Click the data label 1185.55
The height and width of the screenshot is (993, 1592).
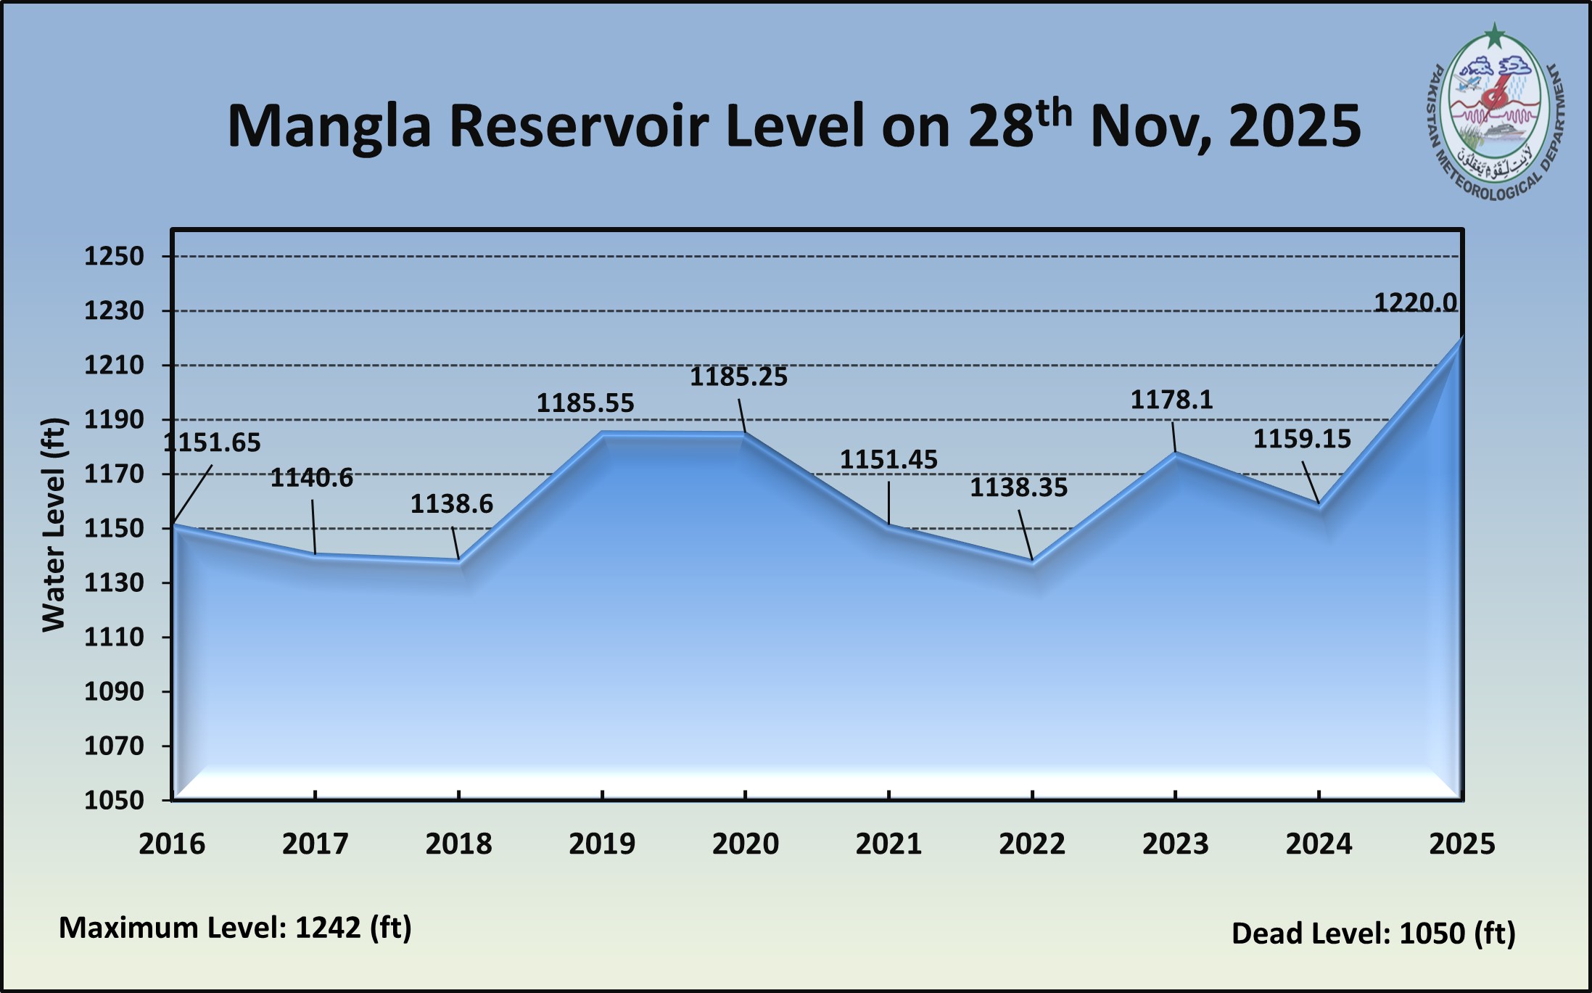pos(585,403)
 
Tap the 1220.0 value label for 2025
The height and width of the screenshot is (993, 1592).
pos(1415,302)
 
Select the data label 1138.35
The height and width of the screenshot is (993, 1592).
pos(1018,487)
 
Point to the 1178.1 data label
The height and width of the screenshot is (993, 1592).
pos(1171,400)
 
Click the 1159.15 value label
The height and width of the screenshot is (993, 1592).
pos(1302,439)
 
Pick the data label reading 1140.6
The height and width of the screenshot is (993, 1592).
pos(312,478)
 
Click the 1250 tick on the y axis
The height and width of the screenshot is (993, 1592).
pos(114,256)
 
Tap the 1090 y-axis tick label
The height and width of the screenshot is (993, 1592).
pos(114,691)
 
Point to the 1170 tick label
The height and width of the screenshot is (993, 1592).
pos(114,474)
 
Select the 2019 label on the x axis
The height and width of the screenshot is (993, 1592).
pos(602,844)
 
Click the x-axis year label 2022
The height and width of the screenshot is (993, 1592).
pos(1032,844)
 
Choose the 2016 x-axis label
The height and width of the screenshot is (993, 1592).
pos(172,844)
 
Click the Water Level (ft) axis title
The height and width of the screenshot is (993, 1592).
pos(54,525)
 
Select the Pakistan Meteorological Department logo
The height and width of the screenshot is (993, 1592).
pos(1495,116)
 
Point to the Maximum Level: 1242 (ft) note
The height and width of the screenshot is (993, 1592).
pos(235,928)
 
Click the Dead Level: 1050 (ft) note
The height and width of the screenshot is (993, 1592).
pos(1373,934)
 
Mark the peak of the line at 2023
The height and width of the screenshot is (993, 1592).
pos(1175,454)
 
